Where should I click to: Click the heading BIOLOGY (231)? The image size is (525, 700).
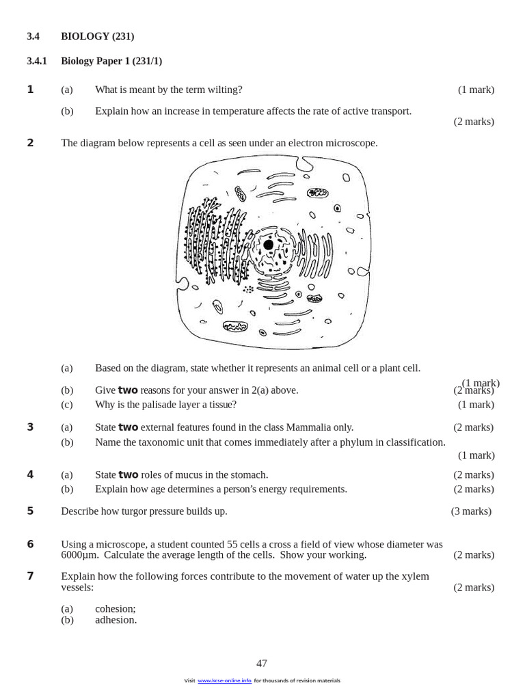point(97,36)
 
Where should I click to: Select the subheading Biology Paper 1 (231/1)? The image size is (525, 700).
point(111,61)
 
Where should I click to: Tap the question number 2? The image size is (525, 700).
point(30,143)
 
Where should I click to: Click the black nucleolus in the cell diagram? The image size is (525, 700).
point(268,245)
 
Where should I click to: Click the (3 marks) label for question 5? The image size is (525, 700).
point(471,511)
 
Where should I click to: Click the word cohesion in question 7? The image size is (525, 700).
point(115,608)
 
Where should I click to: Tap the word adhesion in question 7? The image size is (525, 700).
point(116,619)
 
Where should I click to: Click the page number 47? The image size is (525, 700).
point(262,663)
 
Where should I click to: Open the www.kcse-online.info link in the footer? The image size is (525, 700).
point(224,680)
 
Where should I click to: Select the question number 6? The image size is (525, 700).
point(30,544)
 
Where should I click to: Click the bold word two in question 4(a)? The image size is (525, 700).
point(129,474)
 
